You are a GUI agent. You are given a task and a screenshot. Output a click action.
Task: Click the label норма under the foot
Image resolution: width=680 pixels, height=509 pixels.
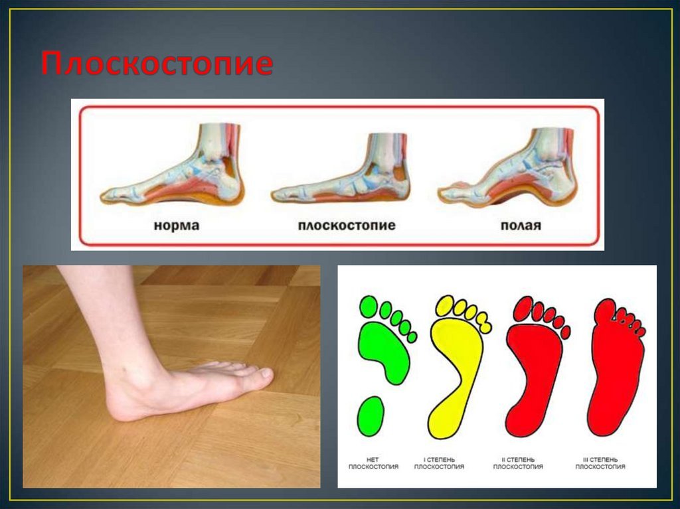[177, 226]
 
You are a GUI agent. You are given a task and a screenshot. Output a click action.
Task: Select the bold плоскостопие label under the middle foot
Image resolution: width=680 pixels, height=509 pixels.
[347, 226]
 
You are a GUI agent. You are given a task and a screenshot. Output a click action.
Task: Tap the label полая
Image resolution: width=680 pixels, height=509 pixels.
[521, 226]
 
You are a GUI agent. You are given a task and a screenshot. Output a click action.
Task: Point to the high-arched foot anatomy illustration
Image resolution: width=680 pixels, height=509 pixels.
[507, 167]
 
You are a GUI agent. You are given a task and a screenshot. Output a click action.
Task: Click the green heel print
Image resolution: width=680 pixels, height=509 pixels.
[371, 416]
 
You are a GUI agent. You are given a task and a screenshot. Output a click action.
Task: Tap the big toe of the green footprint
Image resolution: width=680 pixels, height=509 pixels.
[369, 307]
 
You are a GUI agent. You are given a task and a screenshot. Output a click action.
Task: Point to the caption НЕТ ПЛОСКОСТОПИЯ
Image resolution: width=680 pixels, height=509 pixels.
[373, 463]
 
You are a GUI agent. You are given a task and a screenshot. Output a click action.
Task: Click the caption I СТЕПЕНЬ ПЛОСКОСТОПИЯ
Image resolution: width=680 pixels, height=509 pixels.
[439, 463]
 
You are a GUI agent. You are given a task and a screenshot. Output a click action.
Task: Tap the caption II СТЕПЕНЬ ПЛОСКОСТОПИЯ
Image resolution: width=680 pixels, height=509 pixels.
[518, 463]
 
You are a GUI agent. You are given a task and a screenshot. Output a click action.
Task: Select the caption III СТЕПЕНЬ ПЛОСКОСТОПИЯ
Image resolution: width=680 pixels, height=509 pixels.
[600, 463]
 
